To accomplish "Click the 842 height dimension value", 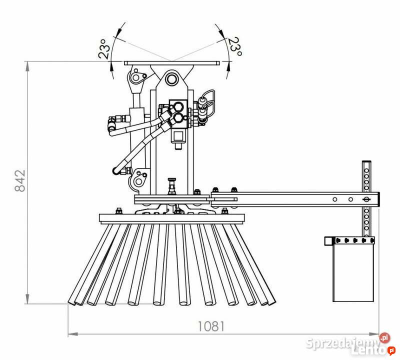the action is coord(20,180).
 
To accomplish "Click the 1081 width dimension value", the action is coord(211,326).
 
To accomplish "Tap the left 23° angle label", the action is coord(104,49).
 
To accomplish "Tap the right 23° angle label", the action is coord(235,46).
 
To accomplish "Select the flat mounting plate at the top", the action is coord(171,63).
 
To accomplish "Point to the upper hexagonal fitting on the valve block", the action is coord(178,106).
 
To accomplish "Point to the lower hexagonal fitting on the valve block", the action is coord(178,118).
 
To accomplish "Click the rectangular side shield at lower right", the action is coord(353,272).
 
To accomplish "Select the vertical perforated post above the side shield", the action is coord(366,198).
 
